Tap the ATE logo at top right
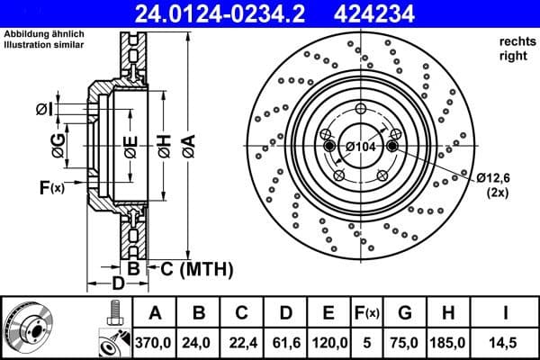click(x=506, y=13)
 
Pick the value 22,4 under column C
click(x=241, y=342)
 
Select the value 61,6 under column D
click(x=285, y=342)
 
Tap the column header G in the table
click(x=404, y=312)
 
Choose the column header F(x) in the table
click(x=366, y=312)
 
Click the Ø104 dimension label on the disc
click(x=360, y=147)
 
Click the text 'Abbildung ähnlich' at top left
click(x=44, y=34)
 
